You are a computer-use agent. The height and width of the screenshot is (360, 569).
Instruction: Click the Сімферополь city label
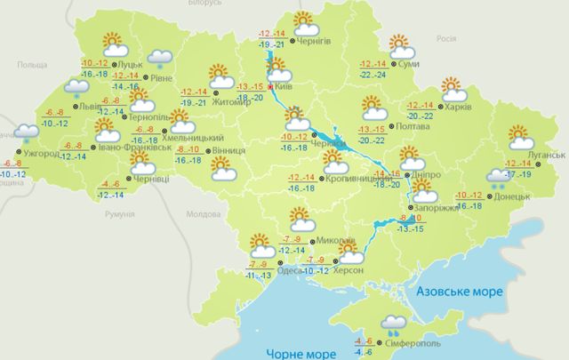click(412, 341)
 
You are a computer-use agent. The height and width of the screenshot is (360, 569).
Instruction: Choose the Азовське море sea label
click(455, 291)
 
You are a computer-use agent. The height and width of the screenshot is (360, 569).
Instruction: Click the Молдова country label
click(204, 215)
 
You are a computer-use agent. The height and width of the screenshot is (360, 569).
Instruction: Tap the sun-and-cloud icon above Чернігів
click(305, 21)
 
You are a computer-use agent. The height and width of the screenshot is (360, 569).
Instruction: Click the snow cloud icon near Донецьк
click(495, 180)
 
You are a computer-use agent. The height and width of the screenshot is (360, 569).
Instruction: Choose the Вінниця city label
click(229, 152)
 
